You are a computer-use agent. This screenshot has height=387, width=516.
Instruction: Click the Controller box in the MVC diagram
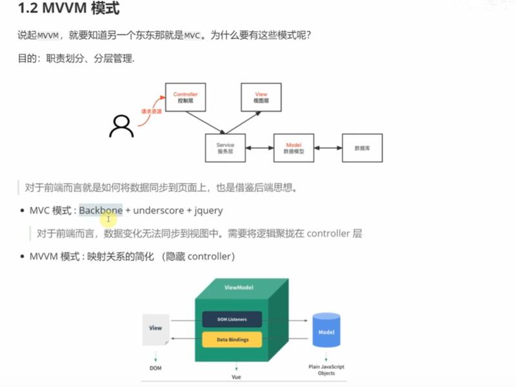coord(186,98)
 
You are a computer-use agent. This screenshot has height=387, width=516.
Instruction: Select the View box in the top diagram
coord(261,98)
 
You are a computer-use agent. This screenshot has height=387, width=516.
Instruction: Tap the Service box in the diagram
coord(225,148)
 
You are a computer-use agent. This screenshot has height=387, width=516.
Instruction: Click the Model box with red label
coord(293,148)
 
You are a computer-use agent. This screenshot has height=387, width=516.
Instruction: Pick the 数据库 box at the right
coord(362,148)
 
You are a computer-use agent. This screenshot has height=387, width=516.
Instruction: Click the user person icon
coord(121,126)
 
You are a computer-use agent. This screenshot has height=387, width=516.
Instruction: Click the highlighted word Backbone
coord(101,211)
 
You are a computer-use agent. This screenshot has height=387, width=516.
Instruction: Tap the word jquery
coord(210,211)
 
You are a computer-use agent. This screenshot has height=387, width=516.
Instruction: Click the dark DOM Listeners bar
coord(232,318)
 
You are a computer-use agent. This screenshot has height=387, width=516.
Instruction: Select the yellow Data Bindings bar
coord(232,339)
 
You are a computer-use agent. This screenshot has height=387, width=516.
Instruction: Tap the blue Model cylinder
coord(326,333)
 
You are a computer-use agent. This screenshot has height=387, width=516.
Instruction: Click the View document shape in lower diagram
coord(155,330)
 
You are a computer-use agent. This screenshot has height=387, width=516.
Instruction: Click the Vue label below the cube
coord(236,375)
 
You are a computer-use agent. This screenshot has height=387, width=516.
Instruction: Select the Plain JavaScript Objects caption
coord(326,370)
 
